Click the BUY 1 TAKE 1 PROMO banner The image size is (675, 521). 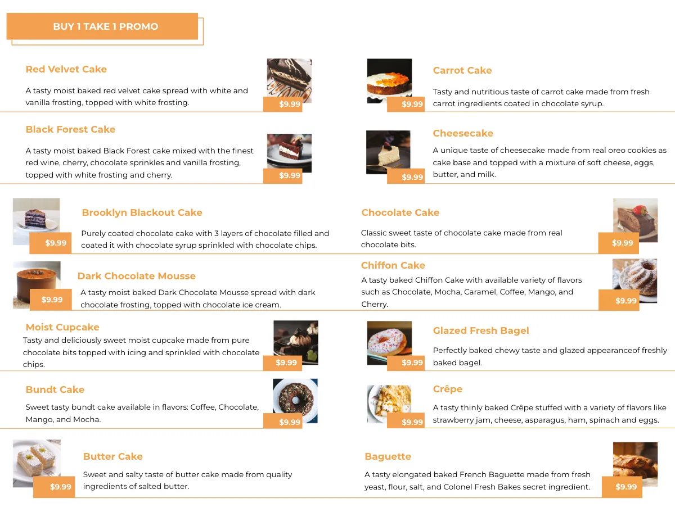(x=105, y=26)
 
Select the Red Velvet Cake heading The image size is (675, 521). (x=66, y=69)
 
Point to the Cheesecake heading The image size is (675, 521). (x=463, y=133)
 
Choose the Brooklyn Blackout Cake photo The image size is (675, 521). (x=36, y=216)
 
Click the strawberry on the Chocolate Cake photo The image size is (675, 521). (x=638, y=210)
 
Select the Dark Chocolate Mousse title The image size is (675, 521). (x=137, y=276)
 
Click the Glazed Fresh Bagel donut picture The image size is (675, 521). (x=389, y=340)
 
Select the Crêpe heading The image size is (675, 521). (x=448, y=389)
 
